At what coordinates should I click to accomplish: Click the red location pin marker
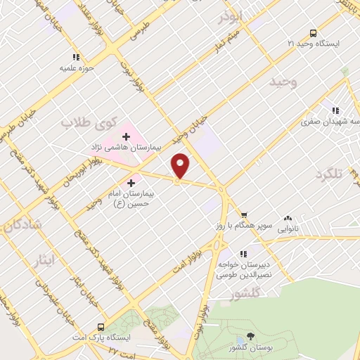(181, 166)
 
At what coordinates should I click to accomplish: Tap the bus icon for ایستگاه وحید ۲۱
(313, 33)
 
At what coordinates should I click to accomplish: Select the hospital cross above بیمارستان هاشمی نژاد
(127, 136)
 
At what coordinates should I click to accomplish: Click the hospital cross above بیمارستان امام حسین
(131, 182)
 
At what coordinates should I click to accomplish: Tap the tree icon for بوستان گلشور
(251, 337)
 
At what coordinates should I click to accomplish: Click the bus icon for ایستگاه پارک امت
(101, 327)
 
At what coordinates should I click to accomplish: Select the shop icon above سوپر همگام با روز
(244, 215)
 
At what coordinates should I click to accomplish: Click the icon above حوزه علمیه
(76, 58)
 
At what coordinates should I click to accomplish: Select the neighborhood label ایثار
(44, 261)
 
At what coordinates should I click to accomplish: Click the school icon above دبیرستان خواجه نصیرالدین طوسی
(243, 253)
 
